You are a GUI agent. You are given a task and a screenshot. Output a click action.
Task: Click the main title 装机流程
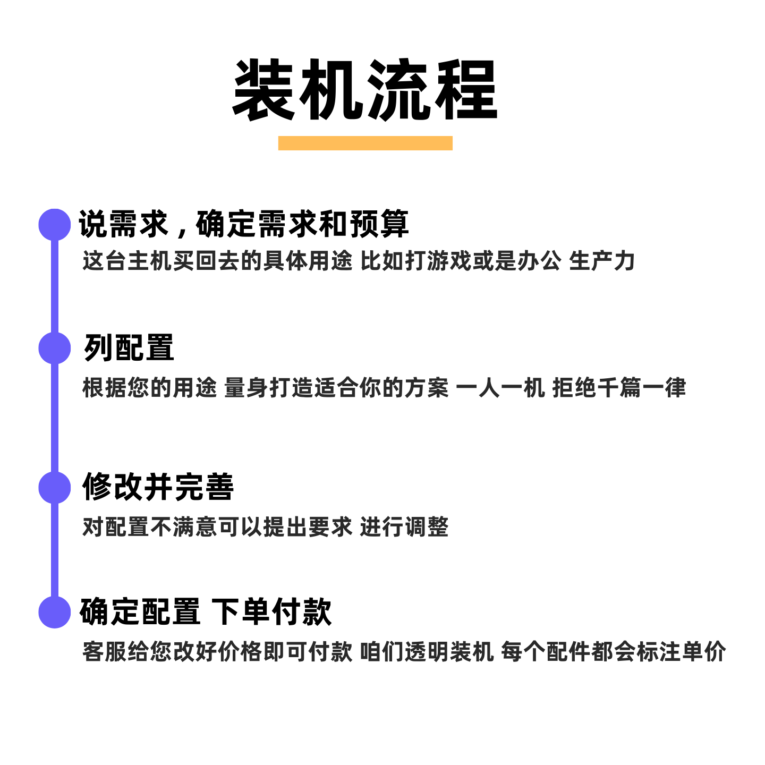365,90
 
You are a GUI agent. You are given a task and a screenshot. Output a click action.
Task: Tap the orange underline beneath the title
365,143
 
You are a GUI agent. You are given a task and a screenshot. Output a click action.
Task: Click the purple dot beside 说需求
55,224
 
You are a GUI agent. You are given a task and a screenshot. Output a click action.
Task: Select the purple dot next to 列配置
55,348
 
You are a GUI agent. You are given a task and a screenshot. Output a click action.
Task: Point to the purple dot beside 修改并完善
55,487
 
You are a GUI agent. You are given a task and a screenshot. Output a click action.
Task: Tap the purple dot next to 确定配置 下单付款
55,612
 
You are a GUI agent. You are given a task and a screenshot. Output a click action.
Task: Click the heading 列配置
129,348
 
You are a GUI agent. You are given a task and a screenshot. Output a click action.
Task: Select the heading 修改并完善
158,487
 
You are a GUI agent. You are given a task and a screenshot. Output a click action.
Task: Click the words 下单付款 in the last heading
271,612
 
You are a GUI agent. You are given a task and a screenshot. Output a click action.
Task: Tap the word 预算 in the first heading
379,224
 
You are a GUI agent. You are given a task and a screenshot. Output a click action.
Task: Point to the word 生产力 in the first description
602,261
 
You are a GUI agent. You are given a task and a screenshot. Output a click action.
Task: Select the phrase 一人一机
500,388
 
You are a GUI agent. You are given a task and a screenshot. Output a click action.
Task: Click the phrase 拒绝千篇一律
619,388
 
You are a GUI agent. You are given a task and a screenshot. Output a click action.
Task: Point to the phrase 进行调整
404,527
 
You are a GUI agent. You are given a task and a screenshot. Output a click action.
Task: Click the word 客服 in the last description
104,652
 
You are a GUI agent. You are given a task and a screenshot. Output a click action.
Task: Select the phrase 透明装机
449,652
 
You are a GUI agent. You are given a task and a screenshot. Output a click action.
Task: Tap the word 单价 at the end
703,652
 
